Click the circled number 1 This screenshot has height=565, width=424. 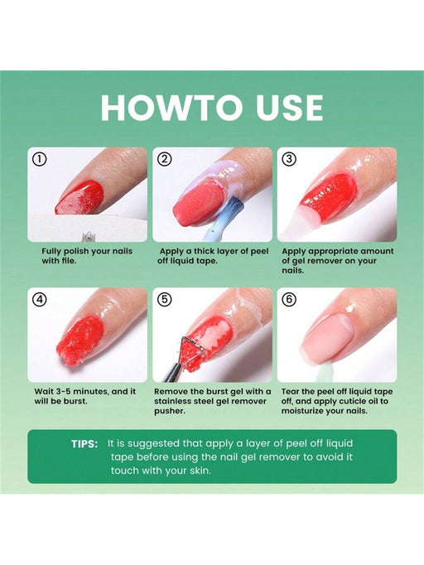(x=39, y=159)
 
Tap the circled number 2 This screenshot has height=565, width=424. (x=164, y=159)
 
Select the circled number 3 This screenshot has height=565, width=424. (x=289, y=159)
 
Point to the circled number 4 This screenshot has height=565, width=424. (x=39, y=299)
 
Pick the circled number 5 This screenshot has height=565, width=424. (x=164, y=299)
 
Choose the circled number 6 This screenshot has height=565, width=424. (x=289, y=299)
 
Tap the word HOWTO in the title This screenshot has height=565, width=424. (x=171, y=108)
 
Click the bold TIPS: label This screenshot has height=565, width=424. (x=84, y=444)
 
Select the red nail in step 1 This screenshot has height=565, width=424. (x=80, y=197)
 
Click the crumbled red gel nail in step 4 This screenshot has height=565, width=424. (x=80, y=340)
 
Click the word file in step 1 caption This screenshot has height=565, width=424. (x=68, y=260)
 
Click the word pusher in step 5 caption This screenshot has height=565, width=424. (x=170, y=411)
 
